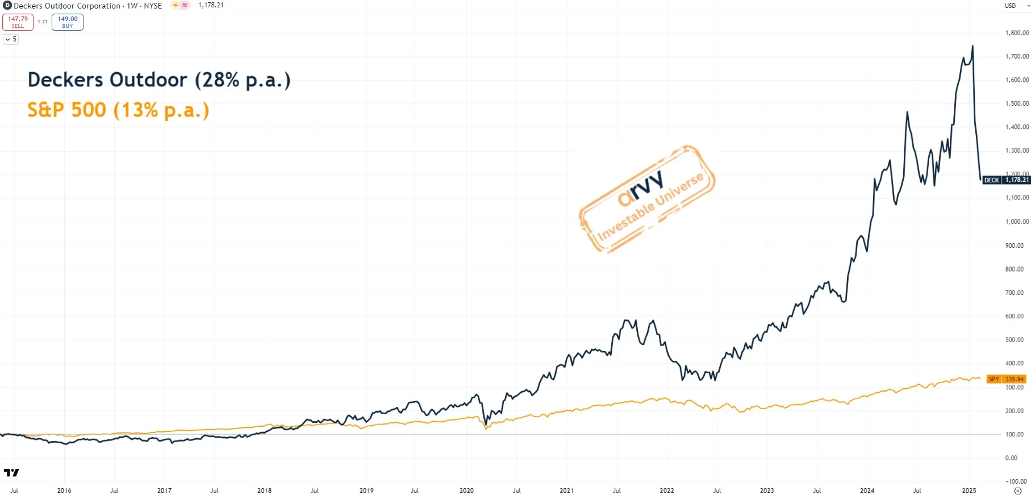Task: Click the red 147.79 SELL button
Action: (18, 22)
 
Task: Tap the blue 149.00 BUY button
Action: (67, 22)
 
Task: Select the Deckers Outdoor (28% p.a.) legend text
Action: (159, 80)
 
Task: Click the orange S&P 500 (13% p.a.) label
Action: (118, 110)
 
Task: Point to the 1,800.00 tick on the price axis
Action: (1017, 33)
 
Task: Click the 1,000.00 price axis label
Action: (1017, 222)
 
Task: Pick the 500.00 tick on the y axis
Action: (1015, 340)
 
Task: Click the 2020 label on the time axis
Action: (466, 490)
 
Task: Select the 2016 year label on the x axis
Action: (64, 490)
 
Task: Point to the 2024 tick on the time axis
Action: (867, 490)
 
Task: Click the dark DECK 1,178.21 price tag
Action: (1007, 180)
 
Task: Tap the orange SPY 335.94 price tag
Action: (1006, 379)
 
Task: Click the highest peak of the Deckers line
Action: (972, 46)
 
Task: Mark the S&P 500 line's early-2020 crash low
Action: (486, 429)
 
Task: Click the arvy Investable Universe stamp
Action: (648, 199)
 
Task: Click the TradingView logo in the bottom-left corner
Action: (11, 472)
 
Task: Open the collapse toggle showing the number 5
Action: (11, 39)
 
